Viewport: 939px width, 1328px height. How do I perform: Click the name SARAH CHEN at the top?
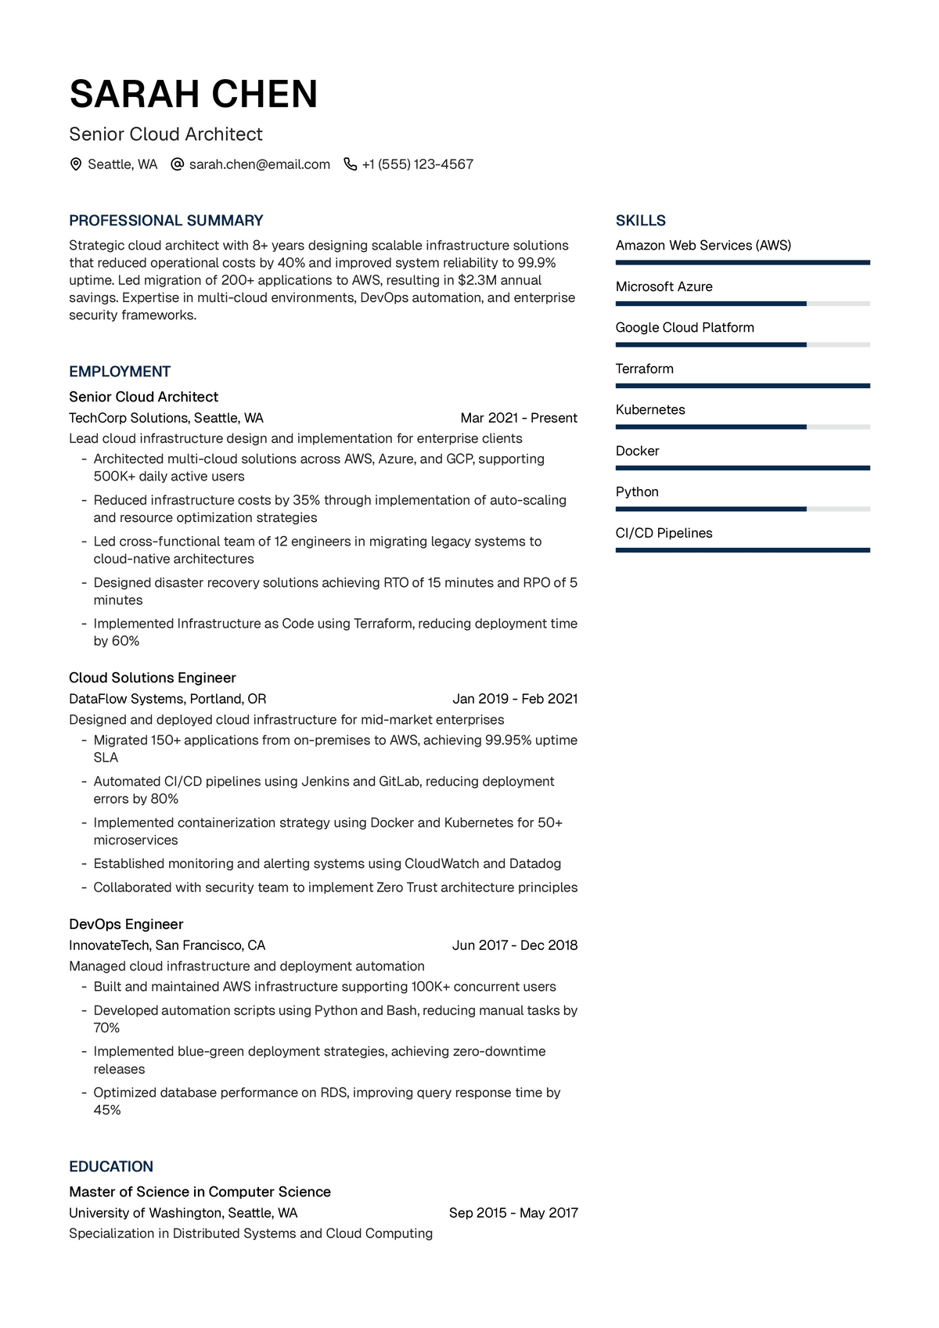(x=193, y=95)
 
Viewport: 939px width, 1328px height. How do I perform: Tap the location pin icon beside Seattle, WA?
(x=76, y=164)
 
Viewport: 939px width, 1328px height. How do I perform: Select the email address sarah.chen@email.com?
(x=259, y=164)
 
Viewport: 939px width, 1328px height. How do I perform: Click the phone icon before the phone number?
(x=350, y=164)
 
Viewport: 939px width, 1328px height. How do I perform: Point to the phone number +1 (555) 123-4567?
(x=417, y=164)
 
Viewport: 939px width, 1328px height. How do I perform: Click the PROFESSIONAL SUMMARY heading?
(x=166, y=221)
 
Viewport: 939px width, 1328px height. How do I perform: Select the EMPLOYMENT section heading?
(x=120, y=372)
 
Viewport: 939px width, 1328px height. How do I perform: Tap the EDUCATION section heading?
(x=111, y=1167)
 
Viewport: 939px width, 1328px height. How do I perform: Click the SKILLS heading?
(x=640, y=221)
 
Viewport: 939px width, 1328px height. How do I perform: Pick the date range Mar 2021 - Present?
(x=519, y=418)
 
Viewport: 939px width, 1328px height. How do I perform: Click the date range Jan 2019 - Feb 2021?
(x=515, y=699)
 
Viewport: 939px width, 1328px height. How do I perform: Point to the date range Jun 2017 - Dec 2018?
(x=515, y=945)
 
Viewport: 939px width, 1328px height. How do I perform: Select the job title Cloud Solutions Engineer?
(x=153, y=678)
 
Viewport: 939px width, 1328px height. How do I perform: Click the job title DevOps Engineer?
(x=126, y=924)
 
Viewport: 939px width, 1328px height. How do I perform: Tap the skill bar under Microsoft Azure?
(x=742, y=304)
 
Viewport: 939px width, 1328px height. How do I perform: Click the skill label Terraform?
(x=644, y=369)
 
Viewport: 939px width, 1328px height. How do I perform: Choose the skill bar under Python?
(x=742, y=509)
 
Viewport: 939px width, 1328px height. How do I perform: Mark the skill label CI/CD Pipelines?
(x=664, y=533)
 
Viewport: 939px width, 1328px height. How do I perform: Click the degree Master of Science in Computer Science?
(x=200, y=1192)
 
